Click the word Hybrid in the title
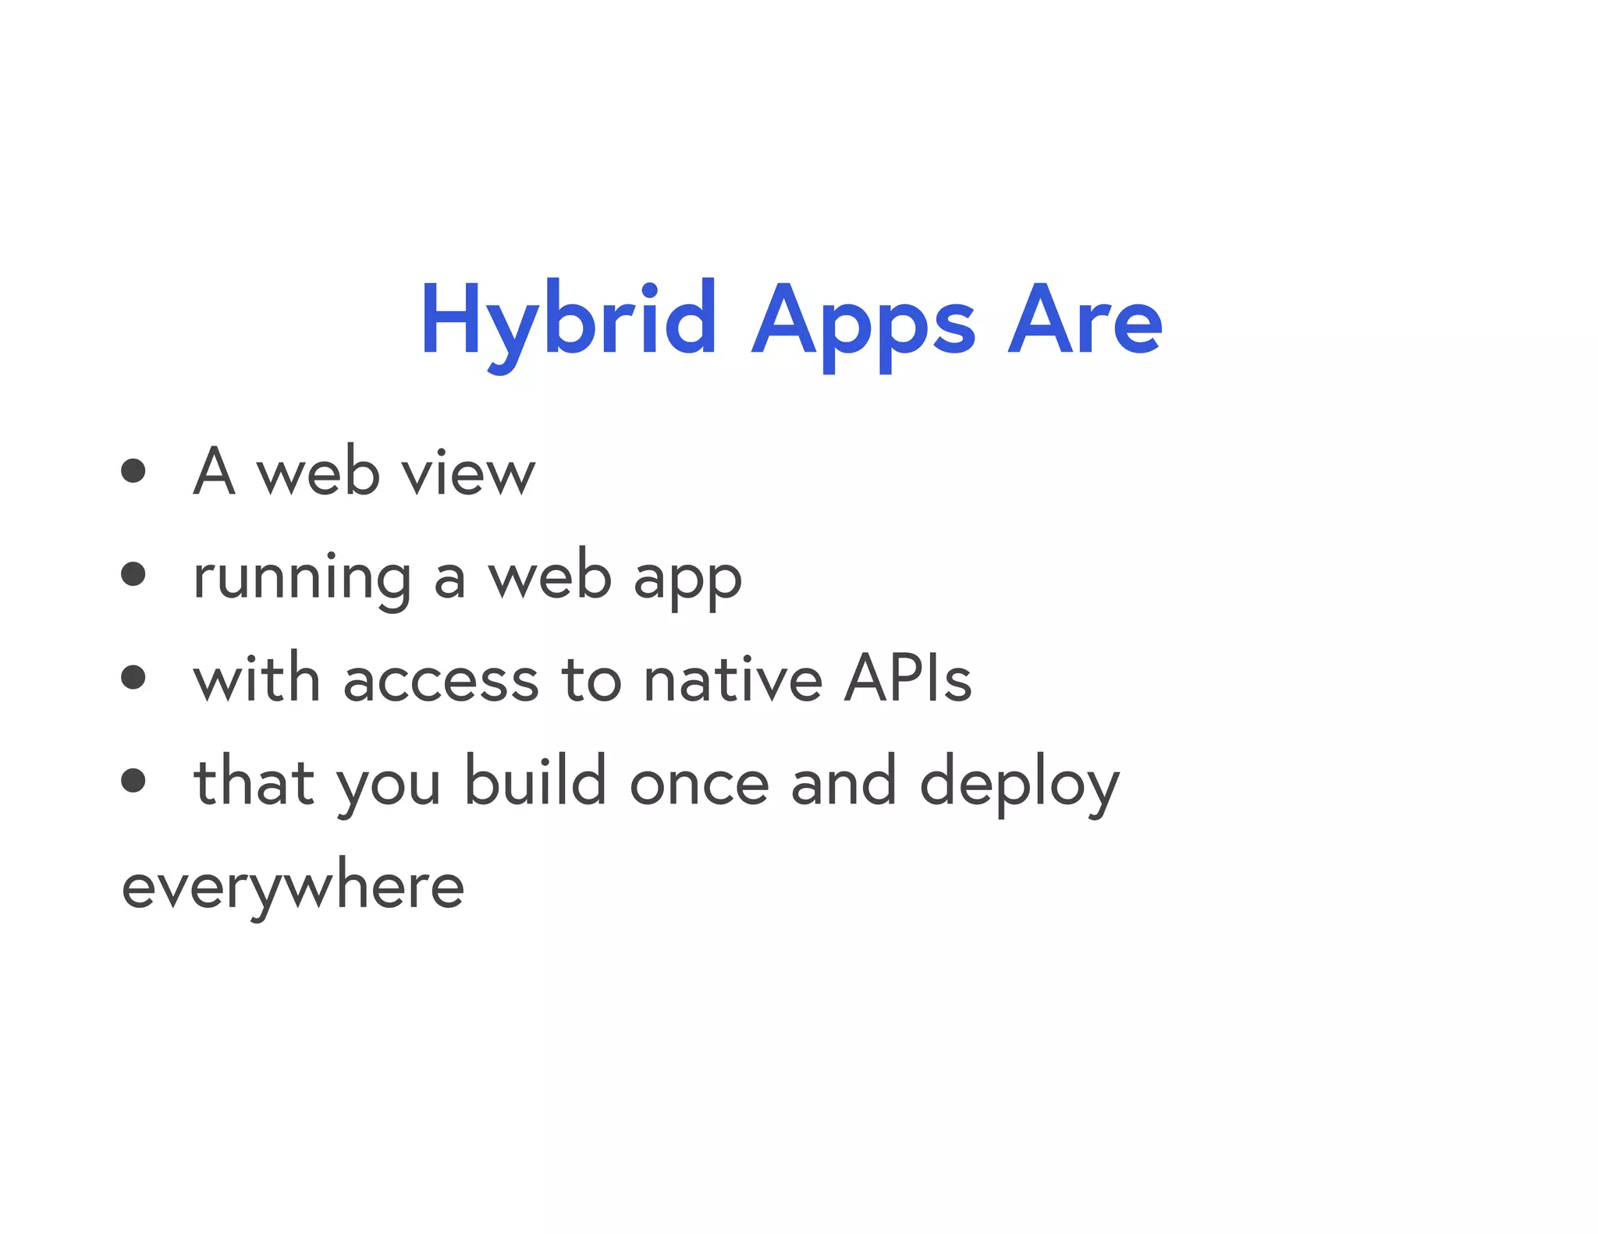[x=568, y=321]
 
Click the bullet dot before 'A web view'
[x=133, y=470]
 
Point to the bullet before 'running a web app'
[x=133, y=574]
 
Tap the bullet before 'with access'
[x=133, y=677]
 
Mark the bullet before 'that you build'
[x=133, y=780]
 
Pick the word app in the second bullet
[x=687, y=581]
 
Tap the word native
[x=733, y=679]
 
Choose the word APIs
[x=908, y=677]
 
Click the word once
[x=699, y=784]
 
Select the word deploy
[x=1019, y=784]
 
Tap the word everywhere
[x=293, y=888]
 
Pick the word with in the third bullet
[x=257, y=677]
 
